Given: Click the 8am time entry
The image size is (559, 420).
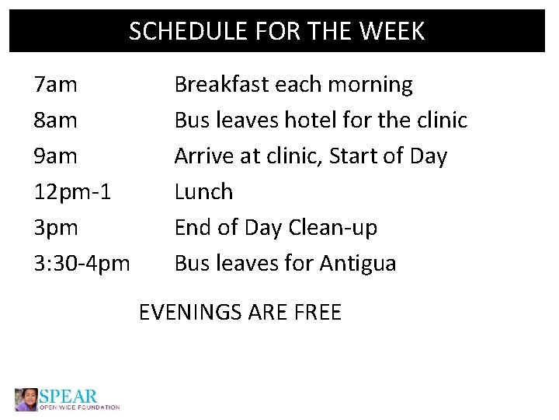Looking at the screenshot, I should [x=55, y=121].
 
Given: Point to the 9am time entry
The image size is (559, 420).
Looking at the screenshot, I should [x=55, y=156].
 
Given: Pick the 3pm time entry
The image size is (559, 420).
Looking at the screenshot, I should [x=56, y=228].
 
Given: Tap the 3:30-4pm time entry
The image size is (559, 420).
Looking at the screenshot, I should [x=82, y=264].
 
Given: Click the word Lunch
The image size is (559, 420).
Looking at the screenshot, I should [x=203, y=192].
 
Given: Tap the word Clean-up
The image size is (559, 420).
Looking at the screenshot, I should [x=332, y=228].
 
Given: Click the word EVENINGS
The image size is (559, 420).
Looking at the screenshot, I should [x=189, y=313].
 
